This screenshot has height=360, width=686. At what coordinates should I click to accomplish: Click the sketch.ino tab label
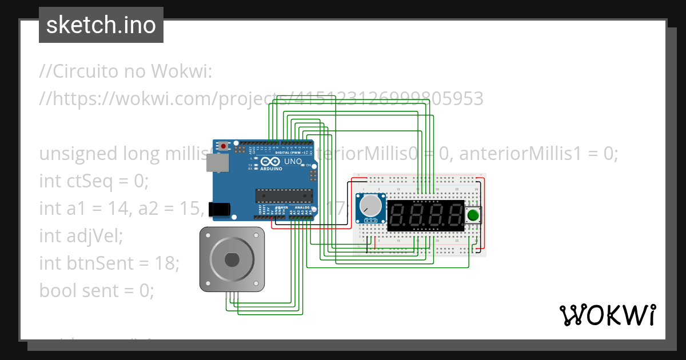click(x=101, y=25)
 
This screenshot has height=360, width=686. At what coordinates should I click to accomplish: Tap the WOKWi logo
click(x=607, y=315)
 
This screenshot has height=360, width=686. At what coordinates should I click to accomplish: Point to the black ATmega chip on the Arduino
click(x=284, y=196)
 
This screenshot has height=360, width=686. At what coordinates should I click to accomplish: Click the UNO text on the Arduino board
click(x=293, y=162)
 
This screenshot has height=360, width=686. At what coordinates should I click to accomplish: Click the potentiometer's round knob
click(x=370, y=205)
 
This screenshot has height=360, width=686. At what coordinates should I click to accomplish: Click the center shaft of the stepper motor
click(x=232, y=259)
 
